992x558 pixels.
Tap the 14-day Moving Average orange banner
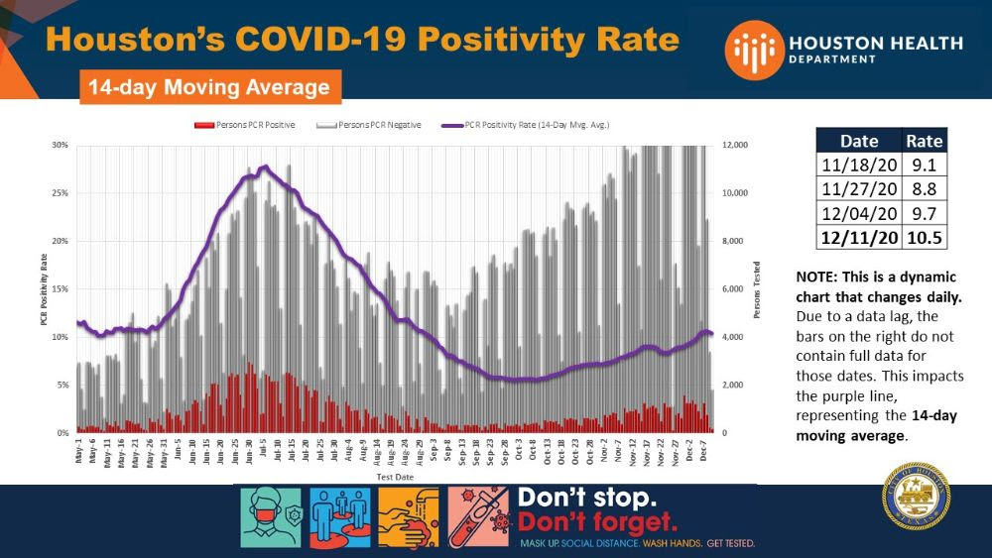pos(209,87)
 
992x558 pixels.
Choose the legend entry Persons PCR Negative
pos(369,125)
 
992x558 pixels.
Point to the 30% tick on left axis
pos(60,146)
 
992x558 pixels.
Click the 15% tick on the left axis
pos(60,289)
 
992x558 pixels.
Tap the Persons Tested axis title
pos(757,289)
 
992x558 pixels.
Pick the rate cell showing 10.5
pos(924,239)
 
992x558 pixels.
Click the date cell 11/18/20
pos(859,167)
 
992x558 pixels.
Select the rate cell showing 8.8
pos(924,190)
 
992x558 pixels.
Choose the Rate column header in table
pos(924,142)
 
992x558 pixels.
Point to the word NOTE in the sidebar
pos(816,279)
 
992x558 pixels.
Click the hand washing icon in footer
pos(409,517)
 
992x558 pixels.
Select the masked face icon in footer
pos(272,517)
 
